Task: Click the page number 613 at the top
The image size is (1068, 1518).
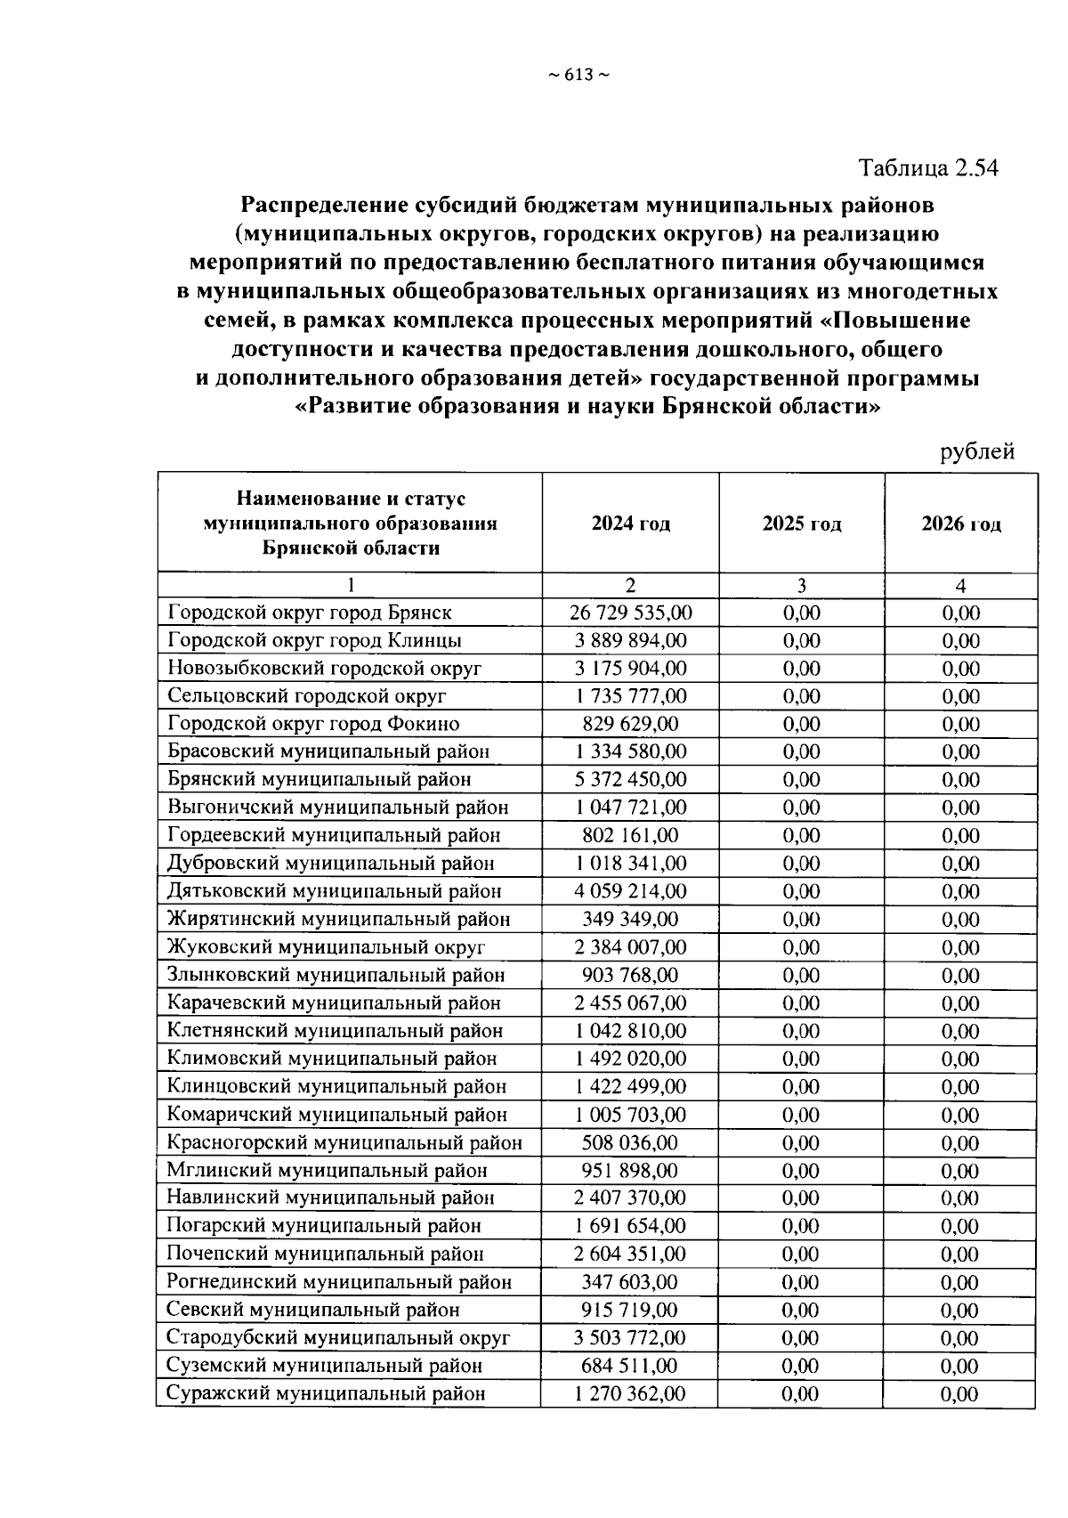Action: point(578,76)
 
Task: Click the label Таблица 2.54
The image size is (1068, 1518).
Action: point(928,167)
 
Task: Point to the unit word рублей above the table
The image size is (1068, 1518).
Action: point(977,451)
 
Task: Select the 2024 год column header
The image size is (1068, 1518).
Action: point(630,523)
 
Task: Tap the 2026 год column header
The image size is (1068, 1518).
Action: point(960,524)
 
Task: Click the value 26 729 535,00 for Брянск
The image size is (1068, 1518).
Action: point(630,613)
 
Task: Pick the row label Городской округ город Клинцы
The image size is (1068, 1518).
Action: point(314,640)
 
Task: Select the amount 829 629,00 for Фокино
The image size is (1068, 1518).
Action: point(630,724)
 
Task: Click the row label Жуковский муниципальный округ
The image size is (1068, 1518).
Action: point(326,946)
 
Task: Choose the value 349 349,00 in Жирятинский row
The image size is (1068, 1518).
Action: point(630,919)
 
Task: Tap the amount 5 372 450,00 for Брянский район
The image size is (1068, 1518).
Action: point(630,780)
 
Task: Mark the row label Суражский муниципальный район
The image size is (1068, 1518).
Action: point(326,1393)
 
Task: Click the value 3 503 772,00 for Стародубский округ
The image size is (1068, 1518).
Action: point(630,1337)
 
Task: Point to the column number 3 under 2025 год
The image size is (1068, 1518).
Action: point(801,585)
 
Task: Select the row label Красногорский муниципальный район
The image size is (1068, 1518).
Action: point(344,1142)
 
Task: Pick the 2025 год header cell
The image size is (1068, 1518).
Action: point(801,524)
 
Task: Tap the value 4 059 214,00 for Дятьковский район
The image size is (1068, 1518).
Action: point(630,891)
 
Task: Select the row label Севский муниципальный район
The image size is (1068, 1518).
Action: point(313,1310)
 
